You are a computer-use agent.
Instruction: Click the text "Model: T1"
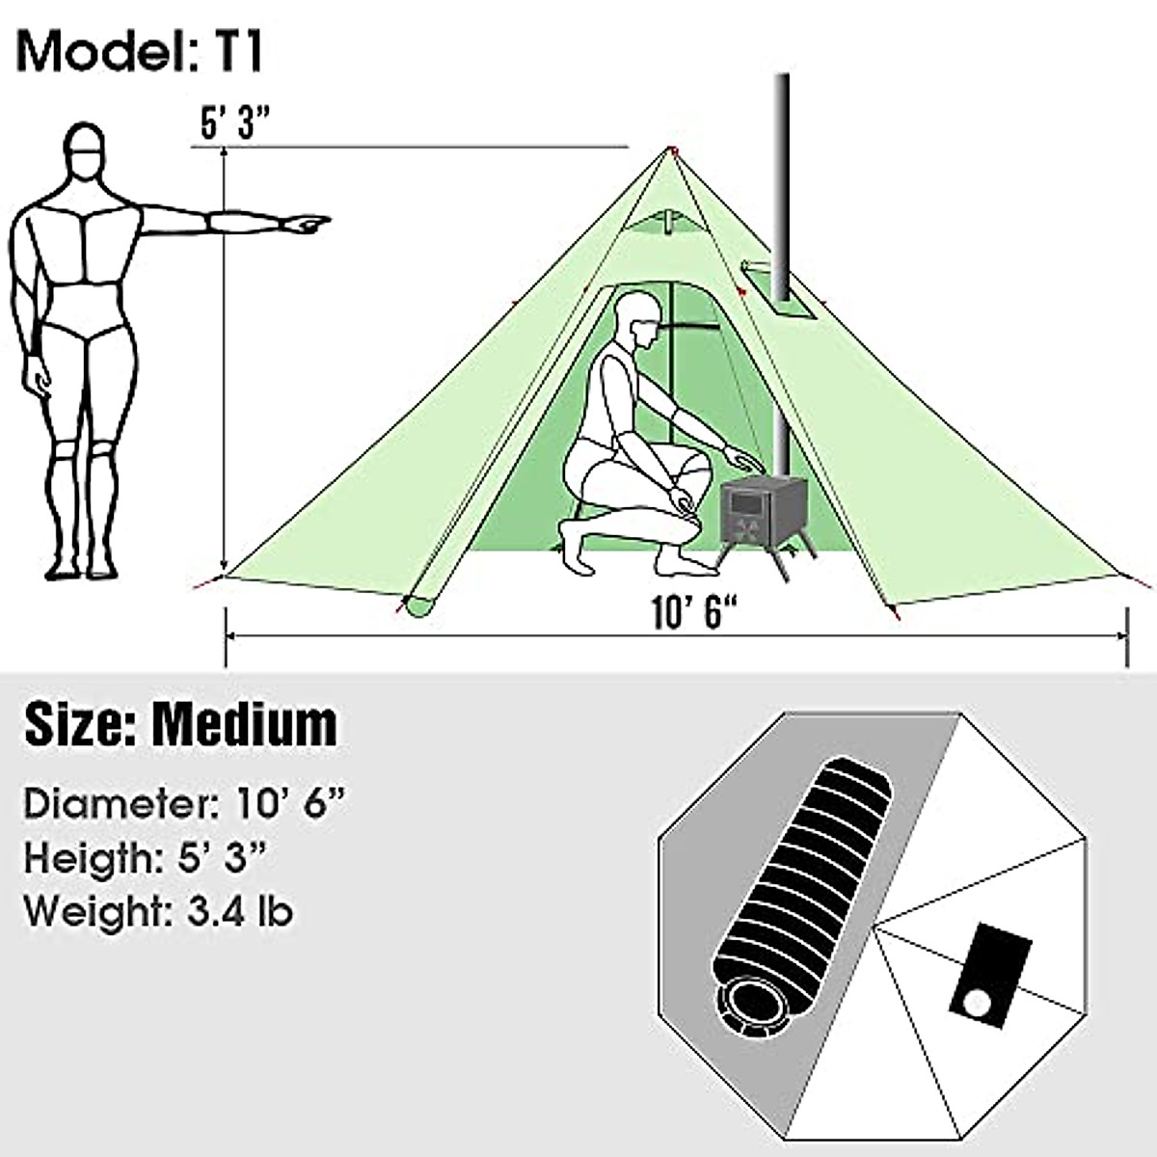point(141,51)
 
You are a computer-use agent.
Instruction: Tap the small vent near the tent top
point(664,219)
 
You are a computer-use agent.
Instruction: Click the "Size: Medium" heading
point(181,723)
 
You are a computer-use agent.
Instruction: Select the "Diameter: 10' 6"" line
point(183,803)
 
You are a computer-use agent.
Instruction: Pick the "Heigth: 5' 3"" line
point(146,857)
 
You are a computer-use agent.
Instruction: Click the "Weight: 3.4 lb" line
point(159,910)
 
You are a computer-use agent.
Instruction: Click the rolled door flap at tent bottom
point(421,606)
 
